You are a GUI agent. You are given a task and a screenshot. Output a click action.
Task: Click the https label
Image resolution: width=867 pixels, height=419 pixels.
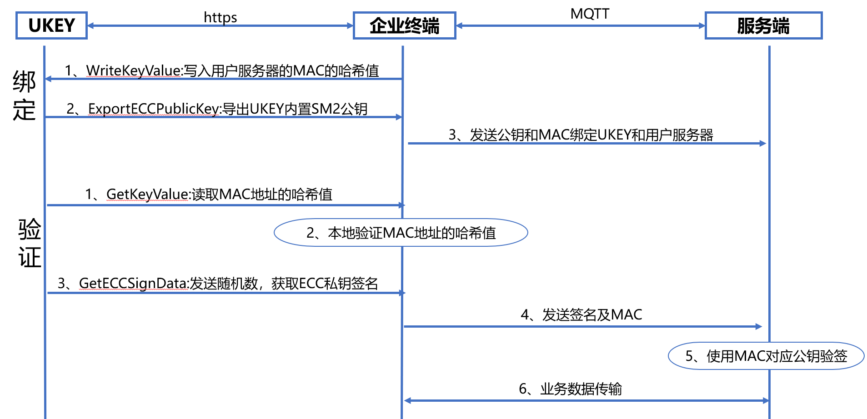coord(220,17)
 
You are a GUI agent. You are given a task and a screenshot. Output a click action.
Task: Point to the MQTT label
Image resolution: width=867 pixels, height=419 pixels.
coord(590,14)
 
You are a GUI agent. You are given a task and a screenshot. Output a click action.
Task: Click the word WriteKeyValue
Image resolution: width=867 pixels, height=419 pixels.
coord(133,71)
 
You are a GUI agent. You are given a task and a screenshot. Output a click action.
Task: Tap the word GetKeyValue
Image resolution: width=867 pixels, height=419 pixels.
coord(147,195)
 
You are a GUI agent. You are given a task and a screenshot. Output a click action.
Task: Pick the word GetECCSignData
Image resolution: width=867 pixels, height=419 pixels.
coord(133,284)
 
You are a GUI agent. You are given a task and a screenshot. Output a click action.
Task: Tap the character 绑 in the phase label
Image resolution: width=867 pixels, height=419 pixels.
coord(24,82)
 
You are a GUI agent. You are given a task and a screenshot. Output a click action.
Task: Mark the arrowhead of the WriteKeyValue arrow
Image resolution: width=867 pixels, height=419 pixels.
coord(48,79)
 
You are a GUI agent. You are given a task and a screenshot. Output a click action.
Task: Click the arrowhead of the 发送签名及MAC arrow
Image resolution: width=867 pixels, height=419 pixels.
coord(759,326)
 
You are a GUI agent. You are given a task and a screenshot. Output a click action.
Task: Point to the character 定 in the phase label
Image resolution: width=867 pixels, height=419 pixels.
coord(24,110)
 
